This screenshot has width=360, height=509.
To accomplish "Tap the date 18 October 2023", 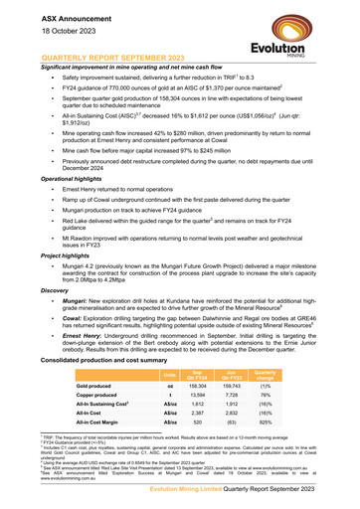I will [x=48, y=25].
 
